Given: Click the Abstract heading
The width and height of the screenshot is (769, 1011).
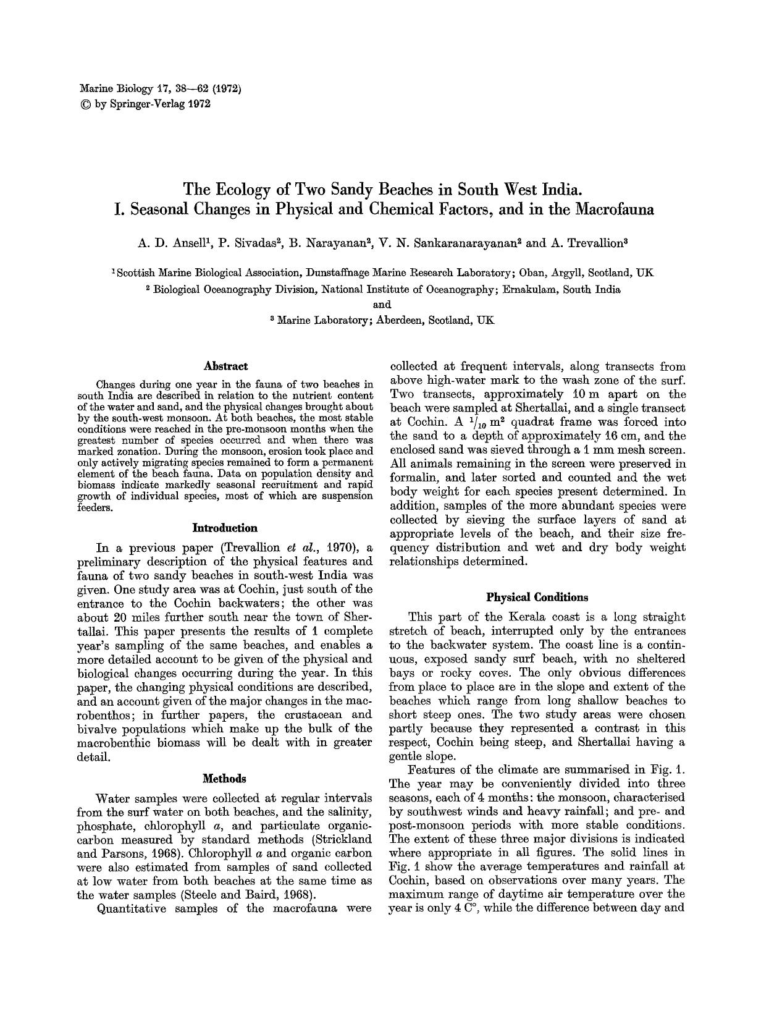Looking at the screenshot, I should point(225,366).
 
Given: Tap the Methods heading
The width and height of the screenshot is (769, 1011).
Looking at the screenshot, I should point(225,778).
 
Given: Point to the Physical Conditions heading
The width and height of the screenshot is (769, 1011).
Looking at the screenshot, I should point(537,597).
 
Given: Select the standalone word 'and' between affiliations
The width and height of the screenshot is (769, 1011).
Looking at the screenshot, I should point(383,304).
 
